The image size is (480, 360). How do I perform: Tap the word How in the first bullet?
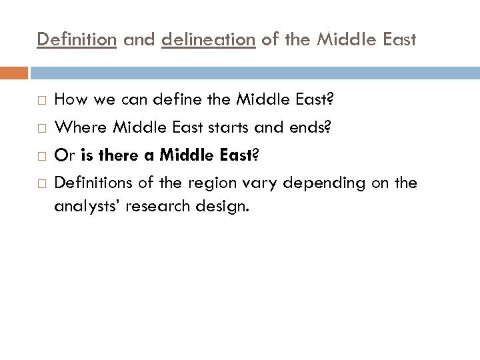[70, 100]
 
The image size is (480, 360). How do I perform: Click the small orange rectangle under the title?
[14, 72]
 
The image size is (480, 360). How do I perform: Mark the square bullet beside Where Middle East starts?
[41, 124]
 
